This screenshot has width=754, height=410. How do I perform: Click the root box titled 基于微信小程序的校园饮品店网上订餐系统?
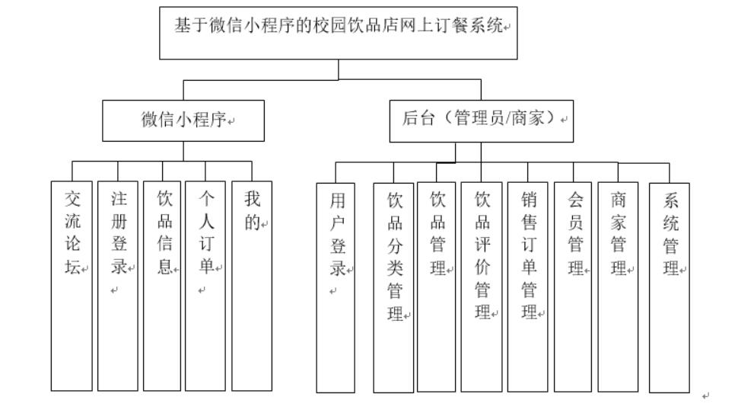click(x=339, y=31)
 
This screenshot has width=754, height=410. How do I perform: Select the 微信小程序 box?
click(x=183, y=120)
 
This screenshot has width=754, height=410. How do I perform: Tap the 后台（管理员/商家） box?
click(x=481, y=120)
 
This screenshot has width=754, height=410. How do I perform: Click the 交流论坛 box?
click(x=72, y=285)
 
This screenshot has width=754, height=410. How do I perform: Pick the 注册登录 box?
click(x=117, y=285)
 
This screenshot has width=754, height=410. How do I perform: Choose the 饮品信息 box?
click(x=162, y=285)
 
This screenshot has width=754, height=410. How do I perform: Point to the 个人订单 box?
click(x=205, y=285)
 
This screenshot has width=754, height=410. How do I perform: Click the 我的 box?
click(x=252, y=285)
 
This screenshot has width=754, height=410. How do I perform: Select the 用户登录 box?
click(x=336, y=288)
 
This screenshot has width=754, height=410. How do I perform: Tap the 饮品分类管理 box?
click(x=393, y=288)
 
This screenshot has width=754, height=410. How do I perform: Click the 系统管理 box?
click(x=670, y=287)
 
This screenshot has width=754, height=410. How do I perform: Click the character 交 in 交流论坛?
click(x=72, y=200)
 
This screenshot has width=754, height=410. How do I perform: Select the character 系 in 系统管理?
click(x=670, y=202)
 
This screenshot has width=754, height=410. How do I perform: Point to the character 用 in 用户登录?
click(x=336, y=202)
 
